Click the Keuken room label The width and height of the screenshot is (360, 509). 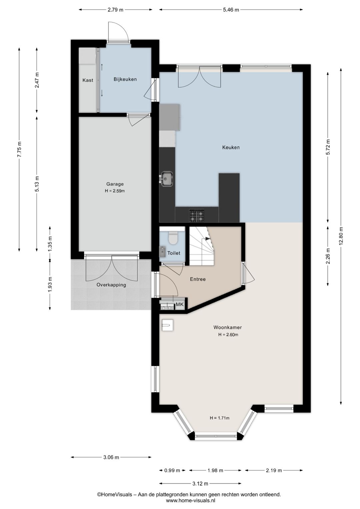(x=231, y=147)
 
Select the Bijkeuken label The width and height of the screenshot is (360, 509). (x=125, y=79)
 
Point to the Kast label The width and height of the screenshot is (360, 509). (x=88, y=80)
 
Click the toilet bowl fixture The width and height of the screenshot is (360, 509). (x=173, y=238)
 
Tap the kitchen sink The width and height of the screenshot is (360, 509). (x=167, y=178)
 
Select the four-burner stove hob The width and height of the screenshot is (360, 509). (x=197, y=215)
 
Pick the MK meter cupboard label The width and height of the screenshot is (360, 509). (x=180, y=304)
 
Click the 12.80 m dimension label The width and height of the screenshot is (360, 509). (x=341, y=236)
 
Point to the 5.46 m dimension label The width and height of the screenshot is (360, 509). (x=231, y=10)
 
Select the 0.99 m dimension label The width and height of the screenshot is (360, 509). (x=172, y=470)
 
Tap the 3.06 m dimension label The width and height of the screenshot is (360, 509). (x=111, y=457)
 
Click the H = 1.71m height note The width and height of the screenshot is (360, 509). (x=219, y=418)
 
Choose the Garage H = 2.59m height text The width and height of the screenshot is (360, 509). (x=115, y=191)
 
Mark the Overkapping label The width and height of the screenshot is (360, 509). (x=111, y=285)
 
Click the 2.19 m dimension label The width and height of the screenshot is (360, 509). (x=274, y=470)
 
